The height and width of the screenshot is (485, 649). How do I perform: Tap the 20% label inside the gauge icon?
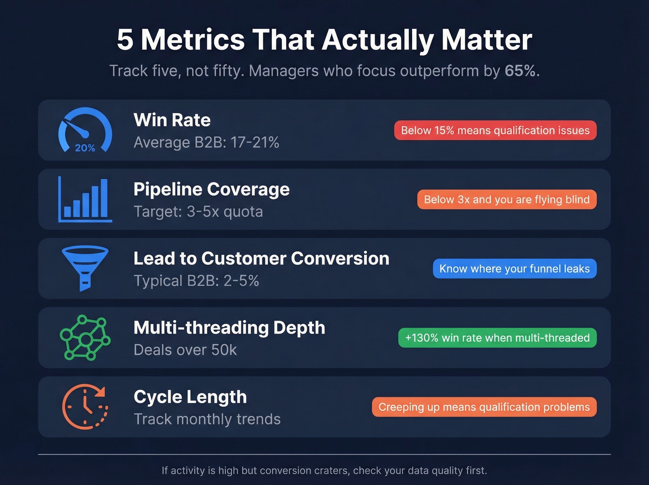click(85, 148)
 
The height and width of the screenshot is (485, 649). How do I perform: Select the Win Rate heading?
click(172, 120)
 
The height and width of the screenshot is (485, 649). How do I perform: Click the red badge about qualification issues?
click(495, 130)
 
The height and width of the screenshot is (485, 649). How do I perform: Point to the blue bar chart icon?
click(85, 199)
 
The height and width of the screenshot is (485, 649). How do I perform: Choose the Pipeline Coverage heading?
click(211, 189)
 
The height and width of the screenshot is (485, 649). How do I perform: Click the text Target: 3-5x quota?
click(198, 212)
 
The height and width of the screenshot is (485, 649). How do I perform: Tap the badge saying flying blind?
click(507, 200)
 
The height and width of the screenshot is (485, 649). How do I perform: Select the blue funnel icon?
click(85, 268)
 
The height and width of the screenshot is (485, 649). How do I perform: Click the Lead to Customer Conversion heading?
click(261, 259)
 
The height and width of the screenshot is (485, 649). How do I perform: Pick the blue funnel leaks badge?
click(515, 269)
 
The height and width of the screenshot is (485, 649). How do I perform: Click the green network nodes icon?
click(85, 337)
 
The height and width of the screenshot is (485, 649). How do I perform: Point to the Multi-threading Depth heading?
click(229, 328)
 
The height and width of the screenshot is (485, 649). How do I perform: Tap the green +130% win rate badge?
click(497, 338)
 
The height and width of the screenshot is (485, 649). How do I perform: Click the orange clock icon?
click(85, 407)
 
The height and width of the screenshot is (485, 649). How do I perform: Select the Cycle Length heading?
click(190, 397)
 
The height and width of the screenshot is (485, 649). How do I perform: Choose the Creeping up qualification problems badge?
click(484, 407)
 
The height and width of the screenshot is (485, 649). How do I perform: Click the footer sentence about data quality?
click(324, 471)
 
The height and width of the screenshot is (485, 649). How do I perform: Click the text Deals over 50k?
click(185, 350)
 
